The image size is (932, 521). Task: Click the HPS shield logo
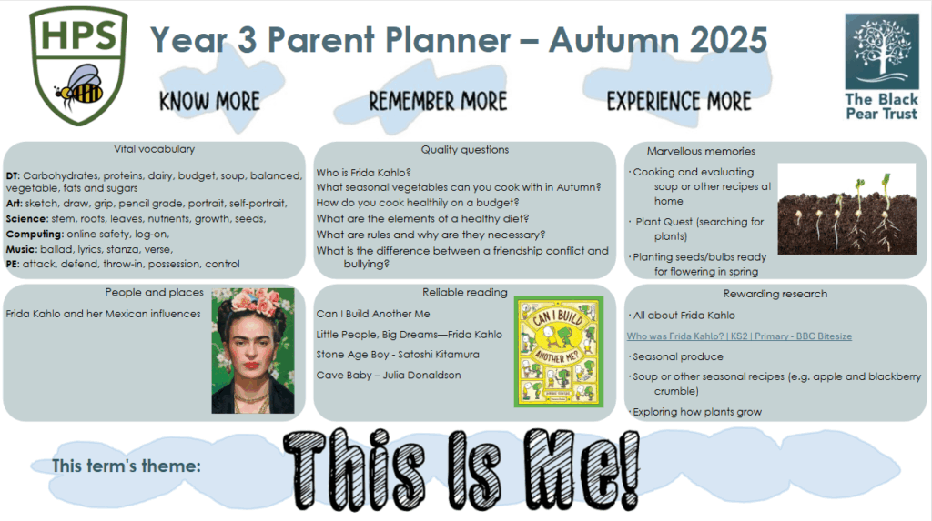coord(78,65)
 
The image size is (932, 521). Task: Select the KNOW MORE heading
coord(210,101)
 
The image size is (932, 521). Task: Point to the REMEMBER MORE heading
coord(438,101)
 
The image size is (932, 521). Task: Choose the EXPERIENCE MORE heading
coord(679,101)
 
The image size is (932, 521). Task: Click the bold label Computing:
coord(35,234)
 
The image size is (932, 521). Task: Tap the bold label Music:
coord(22,249)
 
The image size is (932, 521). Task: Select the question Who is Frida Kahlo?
coord(364,173)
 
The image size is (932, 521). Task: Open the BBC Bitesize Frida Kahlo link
coord(739,336)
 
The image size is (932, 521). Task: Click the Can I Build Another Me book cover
coord(559,352)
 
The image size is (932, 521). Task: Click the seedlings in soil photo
coord(847,209)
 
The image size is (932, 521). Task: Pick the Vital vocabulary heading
coord(155,149)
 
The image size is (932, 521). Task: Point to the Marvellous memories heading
coord(701,152)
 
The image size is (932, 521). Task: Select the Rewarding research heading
coord(775,294)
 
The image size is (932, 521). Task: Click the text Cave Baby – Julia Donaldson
coord(389,375)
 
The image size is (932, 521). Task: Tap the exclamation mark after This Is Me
coord(628,469)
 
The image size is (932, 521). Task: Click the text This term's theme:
coord(127,466)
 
